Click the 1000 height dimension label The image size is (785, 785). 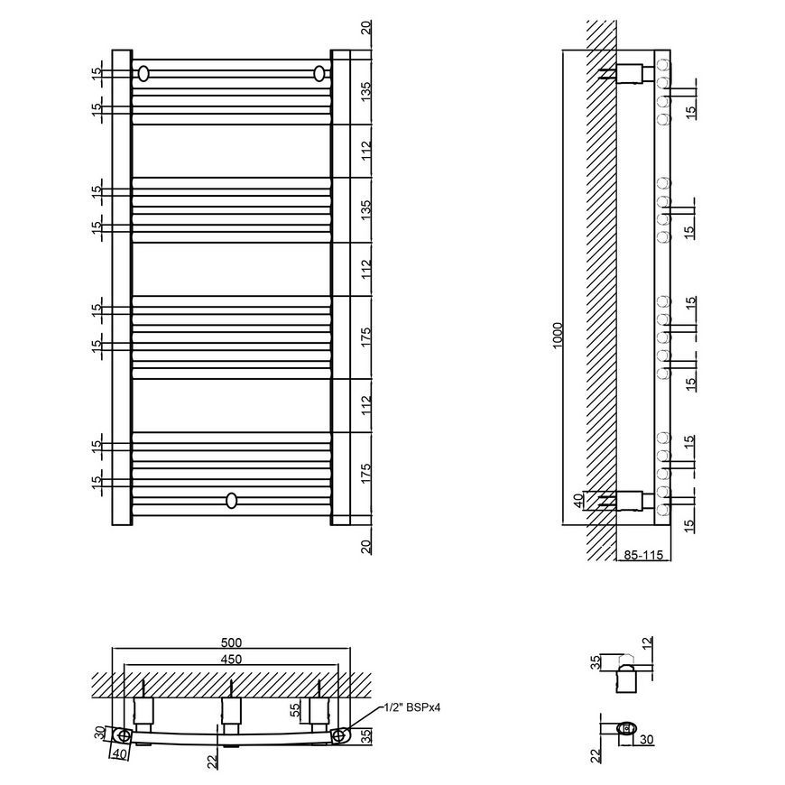[559, 336]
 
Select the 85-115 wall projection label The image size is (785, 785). [643, 555]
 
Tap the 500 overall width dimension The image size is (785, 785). [231, 642]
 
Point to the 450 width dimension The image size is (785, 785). [231, 659]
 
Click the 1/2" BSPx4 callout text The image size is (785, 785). [412, 707]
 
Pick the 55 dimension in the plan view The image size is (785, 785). [295, 709]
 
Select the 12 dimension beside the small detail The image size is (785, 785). [647, 642]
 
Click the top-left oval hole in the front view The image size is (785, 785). [143, 74]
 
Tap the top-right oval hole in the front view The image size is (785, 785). [319, 74]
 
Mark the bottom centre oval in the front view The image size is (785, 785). [231, 500]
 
